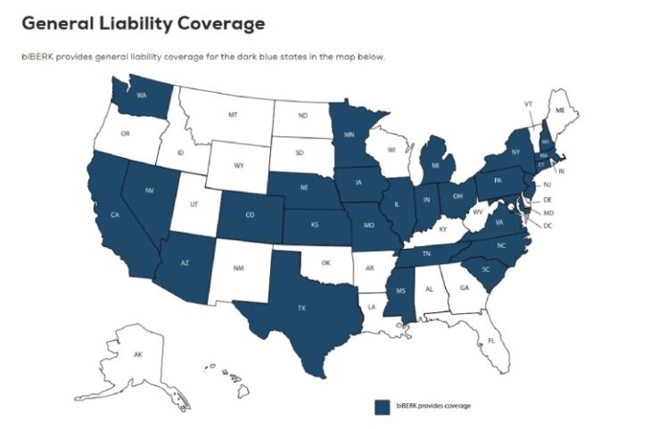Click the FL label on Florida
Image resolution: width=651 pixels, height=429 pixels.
tap(490, 341)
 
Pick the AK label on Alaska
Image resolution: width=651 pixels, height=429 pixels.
tap(138, 355)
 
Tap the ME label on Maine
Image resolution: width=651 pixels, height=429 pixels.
tap(560, 110)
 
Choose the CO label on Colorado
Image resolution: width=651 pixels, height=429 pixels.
tap(249, 214)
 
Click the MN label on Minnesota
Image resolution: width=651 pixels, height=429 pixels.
tap(350, 136)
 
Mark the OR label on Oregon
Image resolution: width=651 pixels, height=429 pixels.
tap(125, 134)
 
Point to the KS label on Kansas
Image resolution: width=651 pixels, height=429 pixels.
tap(316, 227)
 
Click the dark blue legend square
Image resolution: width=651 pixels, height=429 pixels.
tap(383, 407)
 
